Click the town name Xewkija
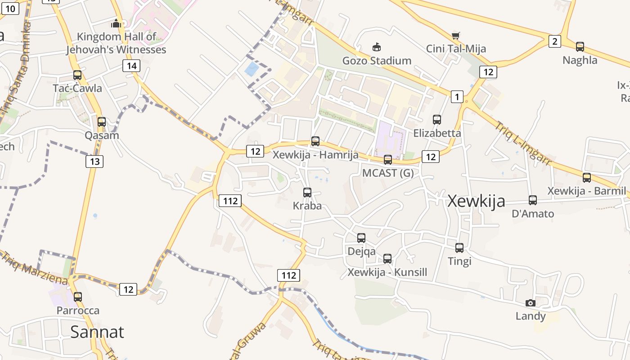[477, 201]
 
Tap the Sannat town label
[97, 332]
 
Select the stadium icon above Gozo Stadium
[377, 47]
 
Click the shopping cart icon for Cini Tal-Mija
[456, 36]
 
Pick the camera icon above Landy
[531, 303]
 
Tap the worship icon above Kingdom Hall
[117, 23]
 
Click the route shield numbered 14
[131, 66]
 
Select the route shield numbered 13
[94, 161]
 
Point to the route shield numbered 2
[554, 42]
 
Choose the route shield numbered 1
[457, 96]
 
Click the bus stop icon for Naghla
[580, 47]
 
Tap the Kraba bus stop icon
[307, 193]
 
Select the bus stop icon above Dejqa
[361, 238]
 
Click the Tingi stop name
[459, 261]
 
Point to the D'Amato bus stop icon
[533, 200]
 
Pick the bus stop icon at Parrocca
[78, 297]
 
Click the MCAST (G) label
[388, 173]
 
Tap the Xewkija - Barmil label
[586, 191]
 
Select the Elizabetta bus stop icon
[437, 120]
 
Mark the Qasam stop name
[102, 135]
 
